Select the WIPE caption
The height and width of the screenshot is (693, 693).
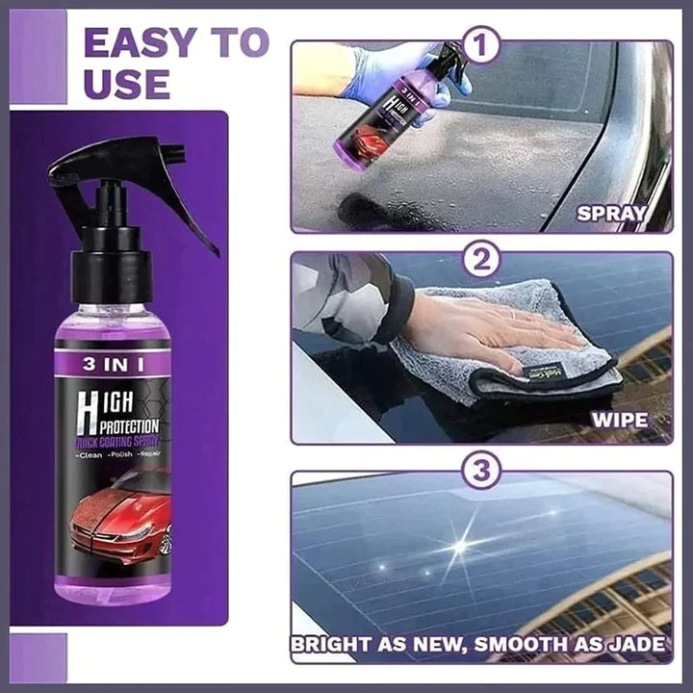[618, 421]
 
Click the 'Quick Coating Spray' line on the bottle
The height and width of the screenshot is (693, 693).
[122, 444]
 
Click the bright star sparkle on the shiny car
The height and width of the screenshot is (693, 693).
[460, 546]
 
